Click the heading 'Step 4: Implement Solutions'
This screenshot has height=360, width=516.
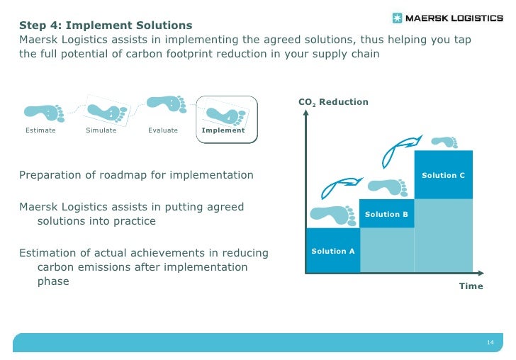[106, 26]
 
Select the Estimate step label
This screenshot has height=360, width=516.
[40, 130]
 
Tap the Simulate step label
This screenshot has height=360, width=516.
[101, 130]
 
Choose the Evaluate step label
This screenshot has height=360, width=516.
[163, 130]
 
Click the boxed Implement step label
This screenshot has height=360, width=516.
[223, 130]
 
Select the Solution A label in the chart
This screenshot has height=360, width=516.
[333, 251]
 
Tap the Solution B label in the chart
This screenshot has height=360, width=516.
[386, 214]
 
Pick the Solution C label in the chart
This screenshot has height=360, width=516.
[443, 175]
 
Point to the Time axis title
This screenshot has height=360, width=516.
[471, 286]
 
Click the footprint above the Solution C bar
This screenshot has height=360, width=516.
[444, 142]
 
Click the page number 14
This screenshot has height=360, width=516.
[490, 343]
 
